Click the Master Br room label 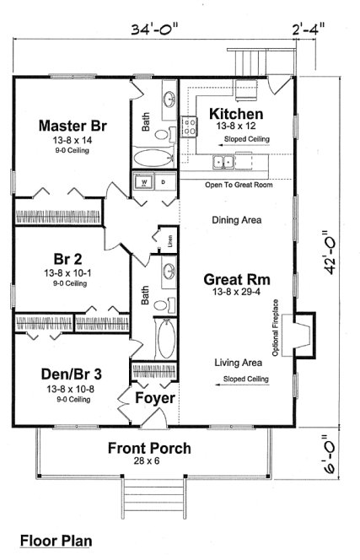(76, 125)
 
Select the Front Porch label (148, 448)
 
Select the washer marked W (145, 181)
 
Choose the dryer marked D (164, 181)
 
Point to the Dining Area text (236, 221)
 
